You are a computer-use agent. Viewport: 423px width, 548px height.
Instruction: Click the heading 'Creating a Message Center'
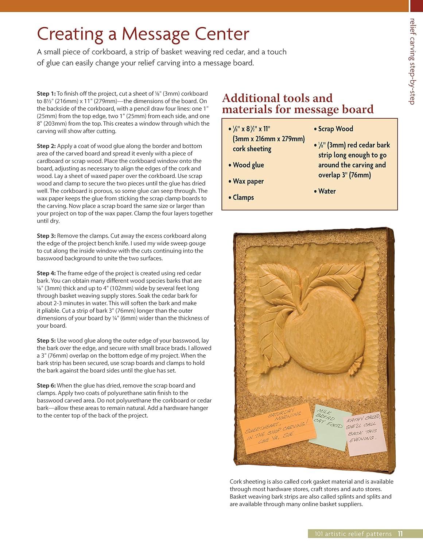(x=143, y=34)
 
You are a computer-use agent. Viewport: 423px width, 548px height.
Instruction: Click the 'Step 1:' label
(x=46, y=94)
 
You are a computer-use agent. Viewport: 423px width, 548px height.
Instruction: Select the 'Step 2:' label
(x=46, y=146)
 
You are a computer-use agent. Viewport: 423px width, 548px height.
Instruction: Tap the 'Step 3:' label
(x=46, y=236)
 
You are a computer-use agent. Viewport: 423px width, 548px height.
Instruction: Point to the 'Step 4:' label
(x=46, y=273)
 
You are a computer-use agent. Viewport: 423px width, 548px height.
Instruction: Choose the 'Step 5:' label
(x=46, y=340)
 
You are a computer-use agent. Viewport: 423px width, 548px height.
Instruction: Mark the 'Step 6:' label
(x=46, y=385)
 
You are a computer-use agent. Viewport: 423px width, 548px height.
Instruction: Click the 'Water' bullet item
(x=327, y=191)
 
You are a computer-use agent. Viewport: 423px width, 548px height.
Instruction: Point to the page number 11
(x=400, y=534)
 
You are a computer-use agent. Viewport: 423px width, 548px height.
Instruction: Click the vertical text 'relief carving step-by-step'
(x=412, y=61)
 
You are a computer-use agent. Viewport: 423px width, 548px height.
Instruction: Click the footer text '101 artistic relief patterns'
(x=353, y=534)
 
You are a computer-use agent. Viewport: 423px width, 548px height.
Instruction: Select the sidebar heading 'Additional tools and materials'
(x=298, y=103)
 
